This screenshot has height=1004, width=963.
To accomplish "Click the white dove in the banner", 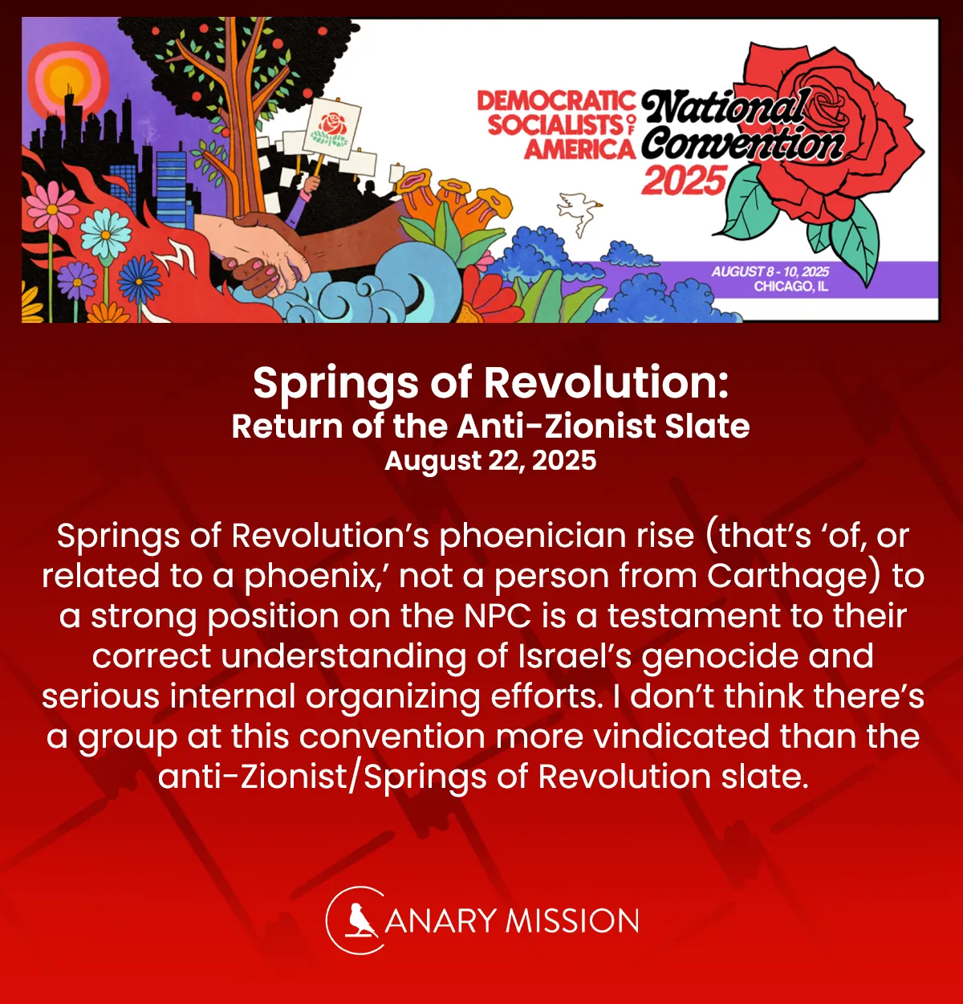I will [x=579, y=211].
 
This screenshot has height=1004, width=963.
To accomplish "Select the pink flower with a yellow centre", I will [x=52, y=204].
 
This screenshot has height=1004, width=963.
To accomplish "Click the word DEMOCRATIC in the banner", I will [x=555, y=102].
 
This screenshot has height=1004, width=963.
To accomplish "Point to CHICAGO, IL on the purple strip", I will [x=790, y=287].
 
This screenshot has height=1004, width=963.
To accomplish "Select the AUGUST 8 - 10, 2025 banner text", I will [x=770, y=271].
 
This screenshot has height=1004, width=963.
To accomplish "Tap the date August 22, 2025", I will [x=490, y=461].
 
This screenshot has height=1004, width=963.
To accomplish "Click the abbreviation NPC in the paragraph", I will [x=498, y=616].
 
